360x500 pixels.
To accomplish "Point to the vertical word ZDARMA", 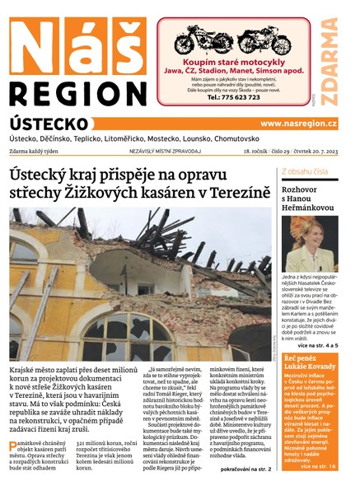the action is click(x=330, y=62).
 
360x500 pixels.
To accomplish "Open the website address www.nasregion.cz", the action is click(x=299, y=124).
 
